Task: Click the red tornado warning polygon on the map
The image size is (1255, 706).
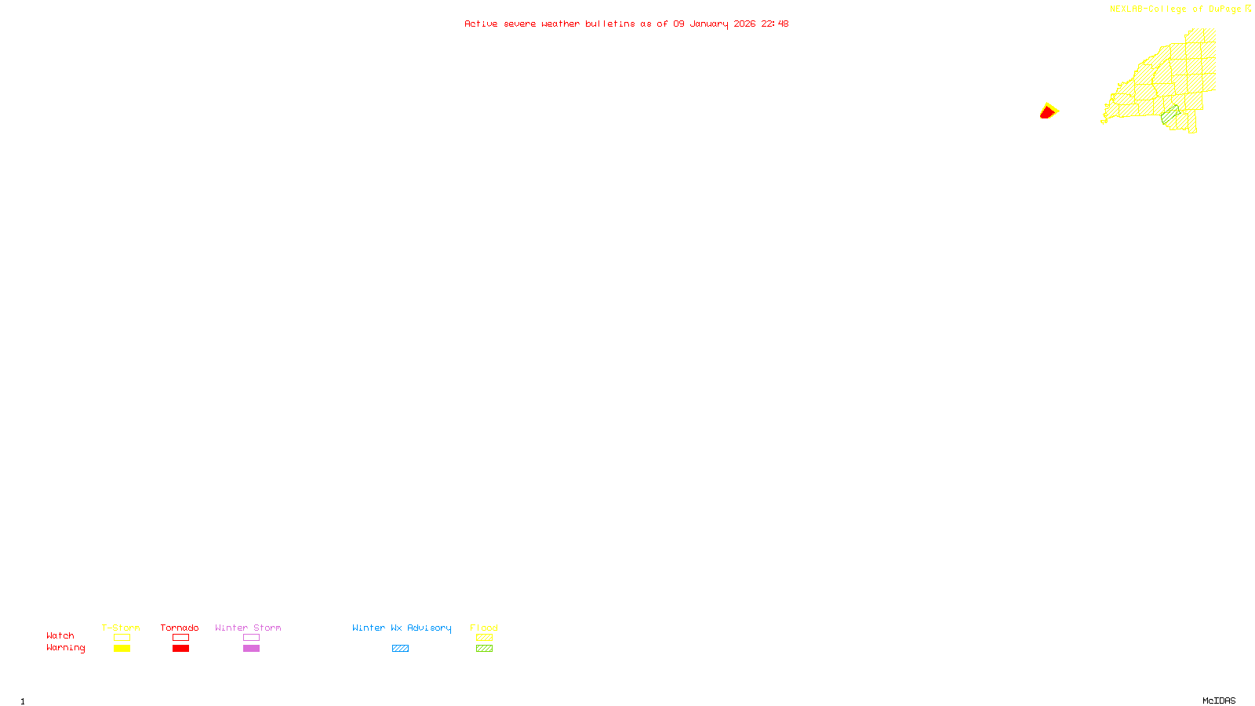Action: pos(1047,113)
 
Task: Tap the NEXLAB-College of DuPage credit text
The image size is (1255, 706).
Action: pos(1175,9)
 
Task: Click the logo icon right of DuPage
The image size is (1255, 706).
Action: pos(1248,9)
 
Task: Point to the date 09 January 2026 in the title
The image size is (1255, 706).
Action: pos(714,24)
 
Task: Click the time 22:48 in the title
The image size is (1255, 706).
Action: pos(775,24)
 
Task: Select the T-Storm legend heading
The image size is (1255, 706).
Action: pos(121,628)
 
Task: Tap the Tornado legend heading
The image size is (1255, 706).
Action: pos(180,628)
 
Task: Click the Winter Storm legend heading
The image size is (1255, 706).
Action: pos(248,628)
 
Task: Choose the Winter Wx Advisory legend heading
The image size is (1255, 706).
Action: pos(402,628)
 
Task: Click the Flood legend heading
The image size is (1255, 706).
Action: pos(484,628)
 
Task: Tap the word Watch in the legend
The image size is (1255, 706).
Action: pos(60,635)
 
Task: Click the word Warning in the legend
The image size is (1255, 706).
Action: pos(66,648)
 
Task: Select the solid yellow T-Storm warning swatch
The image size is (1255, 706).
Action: pos(122,649)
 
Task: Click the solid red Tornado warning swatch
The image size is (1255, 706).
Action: pos(181,649)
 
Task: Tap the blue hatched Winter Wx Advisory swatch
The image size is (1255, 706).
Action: pos(400,649)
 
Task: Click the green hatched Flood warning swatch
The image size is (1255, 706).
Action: pos(485,649)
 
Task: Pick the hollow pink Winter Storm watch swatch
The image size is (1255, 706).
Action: pos(251,638)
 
